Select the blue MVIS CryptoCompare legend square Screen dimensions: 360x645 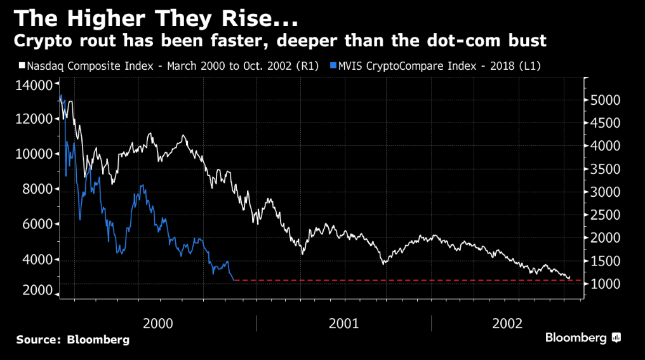(x=334, y=65)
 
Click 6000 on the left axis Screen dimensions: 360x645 (x=34, y=224)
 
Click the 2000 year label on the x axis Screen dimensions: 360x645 (x=158, y=323)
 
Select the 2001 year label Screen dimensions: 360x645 (x=344, y=323)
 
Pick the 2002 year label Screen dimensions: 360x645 (x=507, y=323)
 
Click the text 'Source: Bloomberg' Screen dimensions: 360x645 (x=73, y=340)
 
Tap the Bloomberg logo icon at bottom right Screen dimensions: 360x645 (x=616, y=338)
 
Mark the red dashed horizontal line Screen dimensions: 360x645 (x=406, y=280)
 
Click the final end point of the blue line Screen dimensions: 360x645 (x=234, y=280)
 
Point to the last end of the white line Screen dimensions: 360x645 (x=569, y=278)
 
